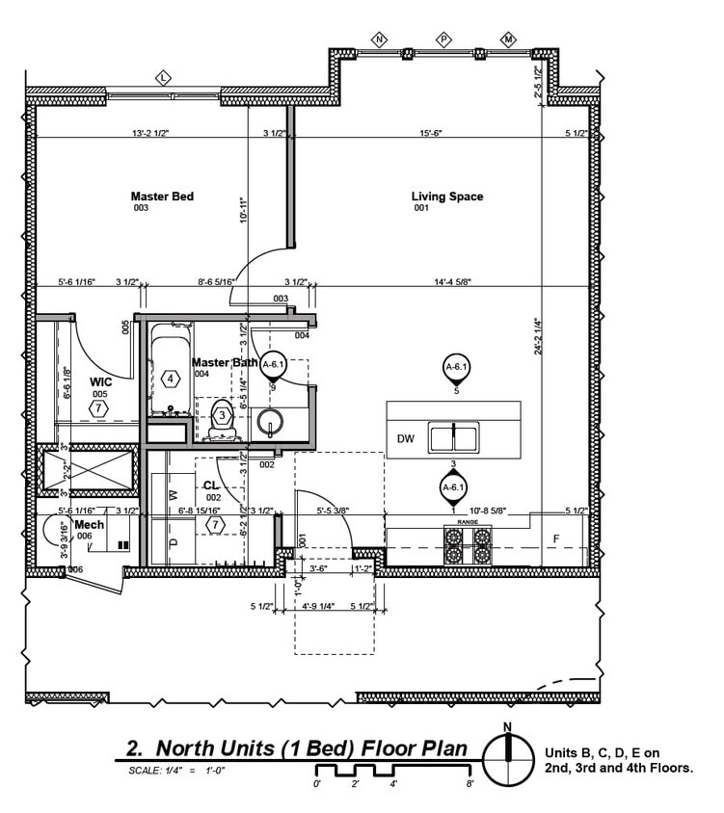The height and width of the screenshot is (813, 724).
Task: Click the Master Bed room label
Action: coord(162,197)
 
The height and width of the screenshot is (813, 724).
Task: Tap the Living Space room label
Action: coord(447,197)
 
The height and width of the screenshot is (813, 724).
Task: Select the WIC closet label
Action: coord(101,382)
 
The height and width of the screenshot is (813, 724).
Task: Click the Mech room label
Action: coord(89,524)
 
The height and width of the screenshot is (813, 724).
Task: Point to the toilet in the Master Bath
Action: coord(221,416)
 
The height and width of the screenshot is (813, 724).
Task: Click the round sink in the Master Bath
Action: coord(269,421)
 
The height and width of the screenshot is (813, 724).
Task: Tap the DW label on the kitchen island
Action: coord(405,439)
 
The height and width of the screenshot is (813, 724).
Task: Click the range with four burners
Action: coord(468,546)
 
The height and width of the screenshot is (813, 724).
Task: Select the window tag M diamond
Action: coord(508,39)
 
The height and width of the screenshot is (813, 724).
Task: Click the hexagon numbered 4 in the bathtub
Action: coord(171,379)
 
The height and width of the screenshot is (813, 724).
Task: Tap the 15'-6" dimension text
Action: coord(430,133)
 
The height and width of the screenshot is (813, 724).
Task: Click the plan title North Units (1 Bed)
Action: coord(297,748)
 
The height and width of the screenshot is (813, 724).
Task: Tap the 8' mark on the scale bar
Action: coord(469,784)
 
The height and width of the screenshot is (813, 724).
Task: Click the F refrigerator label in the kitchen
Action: coord(555,538)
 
